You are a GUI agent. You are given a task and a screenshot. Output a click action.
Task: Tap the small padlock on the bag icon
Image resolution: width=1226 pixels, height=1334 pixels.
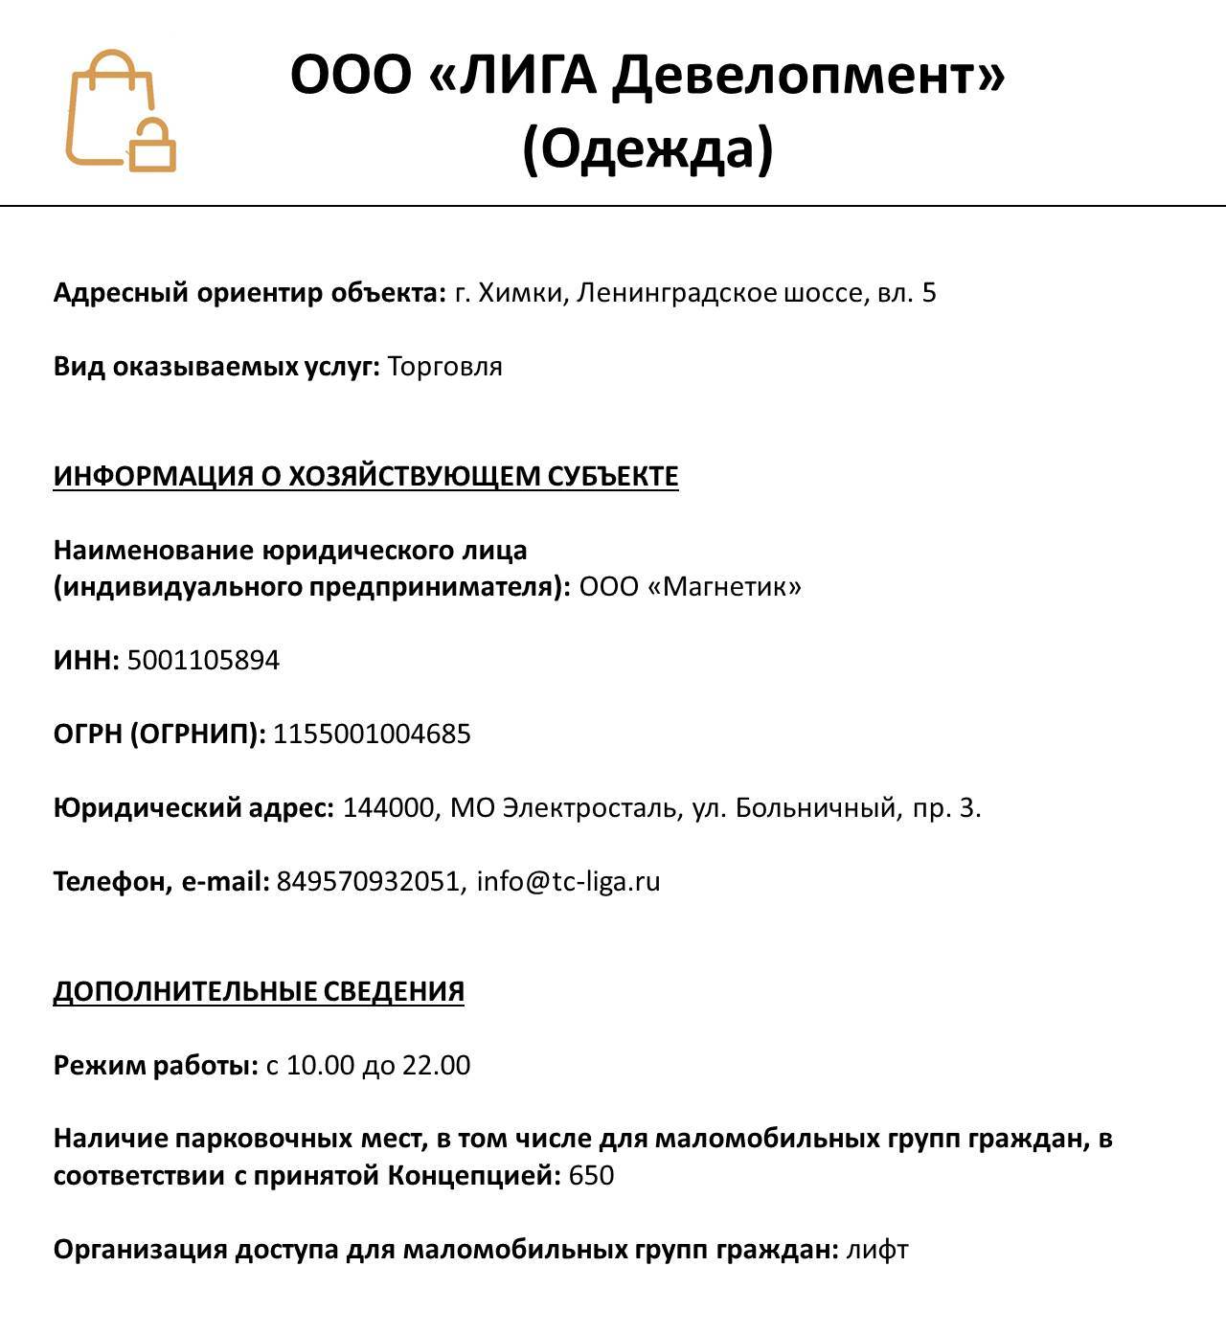click(153, 147)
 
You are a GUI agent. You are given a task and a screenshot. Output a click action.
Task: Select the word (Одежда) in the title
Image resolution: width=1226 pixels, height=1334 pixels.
click(647, 148)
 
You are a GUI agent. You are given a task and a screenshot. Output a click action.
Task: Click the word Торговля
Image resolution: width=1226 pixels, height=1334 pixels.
click(445, 367)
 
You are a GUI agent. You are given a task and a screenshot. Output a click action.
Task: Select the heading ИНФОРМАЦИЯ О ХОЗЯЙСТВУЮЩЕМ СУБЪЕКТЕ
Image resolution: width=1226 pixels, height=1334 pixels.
click(366, 476)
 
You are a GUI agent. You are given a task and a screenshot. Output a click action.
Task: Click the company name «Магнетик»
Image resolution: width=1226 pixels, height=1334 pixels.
click(725, 586)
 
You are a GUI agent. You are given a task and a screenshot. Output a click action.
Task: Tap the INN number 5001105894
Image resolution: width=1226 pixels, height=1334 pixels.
click(203, 660)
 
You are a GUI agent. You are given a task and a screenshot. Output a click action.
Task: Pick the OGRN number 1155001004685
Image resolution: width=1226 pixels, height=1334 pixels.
click(372, 734)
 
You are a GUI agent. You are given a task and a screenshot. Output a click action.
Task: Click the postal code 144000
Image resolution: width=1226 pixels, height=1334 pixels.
click(388, 807)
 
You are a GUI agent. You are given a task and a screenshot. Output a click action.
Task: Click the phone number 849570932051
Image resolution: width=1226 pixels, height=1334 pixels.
click(368, 881)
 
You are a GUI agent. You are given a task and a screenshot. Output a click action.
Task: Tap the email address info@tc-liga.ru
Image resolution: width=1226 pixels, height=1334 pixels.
click(569, 881)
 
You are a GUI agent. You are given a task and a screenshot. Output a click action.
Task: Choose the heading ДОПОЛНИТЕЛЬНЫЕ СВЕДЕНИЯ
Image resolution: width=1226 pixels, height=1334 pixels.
click(259, 991)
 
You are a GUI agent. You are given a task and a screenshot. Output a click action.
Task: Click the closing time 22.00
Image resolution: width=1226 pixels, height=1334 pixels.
click(437, 1065)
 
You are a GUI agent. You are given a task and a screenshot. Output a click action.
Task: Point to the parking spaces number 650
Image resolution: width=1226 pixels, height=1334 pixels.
click(591, 1175)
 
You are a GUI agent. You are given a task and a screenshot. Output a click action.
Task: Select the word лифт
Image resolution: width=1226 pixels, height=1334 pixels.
click(876, 1250)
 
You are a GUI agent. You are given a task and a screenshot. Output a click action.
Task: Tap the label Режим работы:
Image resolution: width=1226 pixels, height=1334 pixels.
click(156, 1065)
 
